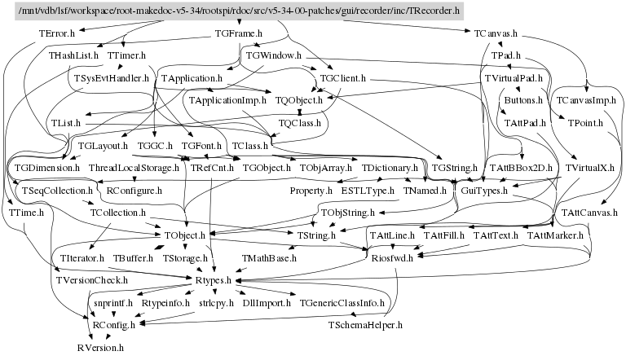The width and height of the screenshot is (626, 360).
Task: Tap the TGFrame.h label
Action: click(238, 34)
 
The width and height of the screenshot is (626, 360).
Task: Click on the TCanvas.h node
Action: click(497, 34)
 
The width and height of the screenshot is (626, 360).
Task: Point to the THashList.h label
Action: click(73, 56)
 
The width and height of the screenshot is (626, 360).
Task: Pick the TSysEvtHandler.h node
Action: click(112, 78)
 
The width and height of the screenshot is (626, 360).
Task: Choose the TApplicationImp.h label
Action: click(227, 100)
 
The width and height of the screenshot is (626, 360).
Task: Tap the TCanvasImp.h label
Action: click(583, 100)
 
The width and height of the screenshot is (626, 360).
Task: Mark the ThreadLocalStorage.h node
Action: click(134, 167)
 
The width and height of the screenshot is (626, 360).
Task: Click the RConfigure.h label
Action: click(134, 190)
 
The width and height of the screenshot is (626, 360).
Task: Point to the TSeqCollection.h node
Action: click(50, 190)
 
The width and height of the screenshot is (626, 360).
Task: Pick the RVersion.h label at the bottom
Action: click(100, 347)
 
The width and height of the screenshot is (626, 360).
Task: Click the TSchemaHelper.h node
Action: click(365, 325)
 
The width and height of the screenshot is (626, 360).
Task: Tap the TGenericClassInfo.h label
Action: click(342, 302)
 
